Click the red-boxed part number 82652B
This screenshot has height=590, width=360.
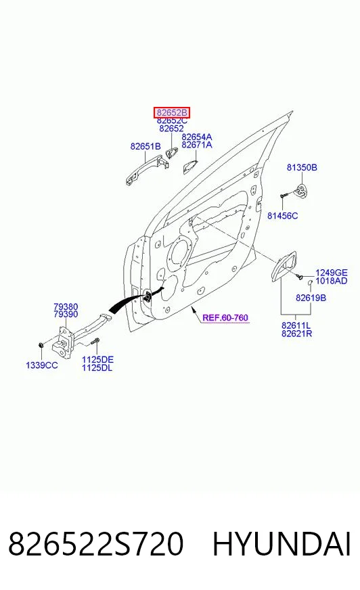pyautogui.click(x=171, y=112)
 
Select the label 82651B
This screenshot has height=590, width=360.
pyautogui.click(x=145, y=146)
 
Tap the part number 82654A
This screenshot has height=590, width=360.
pyautogui.click(x=196, y=137)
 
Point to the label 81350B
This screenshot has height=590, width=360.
pyautogui.click(x=302, y=167)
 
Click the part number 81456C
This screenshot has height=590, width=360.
pyautogui.click(x=282, y=216)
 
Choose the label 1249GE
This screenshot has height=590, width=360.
pyautogui.click(x=331, y=273)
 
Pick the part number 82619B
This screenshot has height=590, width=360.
pyautogui.click(x=311, y=298)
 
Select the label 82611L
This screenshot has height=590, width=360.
pyautogui.click(x=296, y=325)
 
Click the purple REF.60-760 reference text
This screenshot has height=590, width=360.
pyautogui.click(x=225, y=317)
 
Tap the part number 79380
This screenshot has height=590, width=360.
pyautogui.click(x=66, y=307)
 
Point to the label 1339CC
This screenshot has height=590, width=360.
pyautogui.click(x=42, y=365)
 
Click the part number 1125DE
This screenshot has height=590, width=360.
pyautogui.click(x=97, y=359)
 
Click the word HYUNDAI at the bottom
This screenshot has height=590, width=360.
pyautogui.click(x=282, y=544)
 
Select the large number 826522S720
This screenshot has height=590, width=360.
pyautogui.click(x=96, y=544)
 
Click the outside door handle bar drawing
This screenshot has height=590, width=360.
pyautogui.click(x=146, y=171)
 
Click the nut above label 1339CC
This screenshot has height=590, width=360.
pyautogui.click(x=41, y=344)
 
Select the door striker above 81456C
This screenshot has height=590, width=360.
pyautogui.click(x=301, y=191)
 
